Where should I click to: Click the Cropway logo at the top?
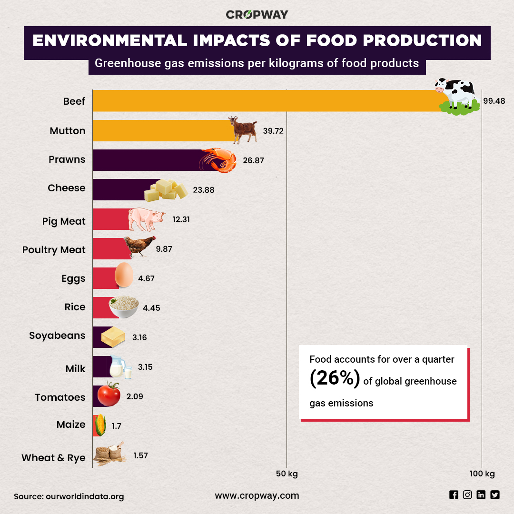257,14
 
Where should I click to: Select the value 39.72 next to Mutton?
273,131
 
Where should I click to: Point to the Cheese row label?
67,188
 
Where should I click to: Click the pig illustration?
147,219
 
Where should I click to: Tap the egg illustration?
124,275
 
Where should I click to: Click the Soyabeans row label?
57,336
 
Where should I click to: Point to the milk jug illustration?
119,367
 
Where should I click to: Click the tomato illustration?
109,395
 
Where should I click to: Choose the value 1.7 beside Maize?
117,426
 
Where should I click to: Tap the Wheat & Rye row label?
53,458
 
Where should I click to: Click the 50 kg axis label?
287,474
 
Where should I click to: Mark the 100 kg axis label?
482,474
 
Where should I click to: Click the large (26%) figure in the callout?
335,379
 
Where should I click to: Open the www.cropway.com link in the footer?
257,495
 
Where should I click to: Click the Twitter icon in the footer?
495,495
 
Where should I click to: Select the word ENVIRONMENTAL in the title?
109,40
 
